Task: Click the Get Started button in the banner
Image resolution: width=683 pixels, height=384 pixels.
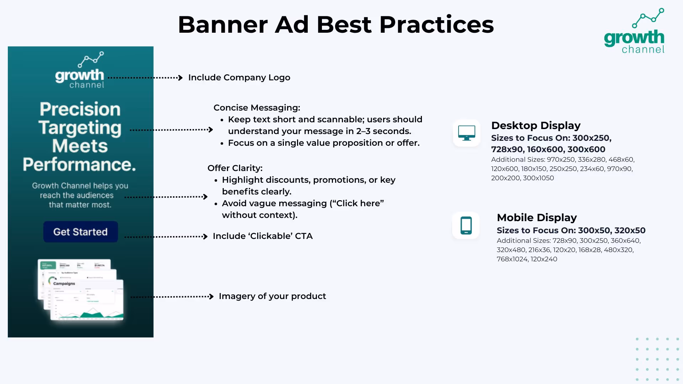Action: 80,232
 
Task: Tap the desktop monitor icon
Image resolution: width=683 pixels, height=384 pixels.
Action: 466,133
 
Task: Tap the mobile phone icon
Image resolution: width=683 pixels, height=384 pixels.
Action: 466,225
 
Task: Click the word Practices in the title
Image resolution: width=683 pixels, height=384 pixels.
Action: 436,25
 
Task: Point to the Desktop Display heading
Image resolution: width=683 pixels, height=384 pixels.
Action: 536,126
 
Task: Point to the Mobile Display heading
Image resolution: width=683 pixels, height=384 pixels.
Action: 536,218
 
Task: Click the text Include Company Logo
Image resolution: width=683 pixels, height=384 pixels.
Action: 239,78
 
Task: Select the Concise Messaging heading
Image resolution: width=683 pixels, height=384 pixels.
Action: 256,108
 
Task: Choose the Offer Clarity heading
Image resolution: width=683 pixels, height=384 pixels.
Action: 235,168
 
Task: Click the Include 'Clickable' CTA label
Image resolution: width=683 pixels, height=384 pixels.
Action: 263,236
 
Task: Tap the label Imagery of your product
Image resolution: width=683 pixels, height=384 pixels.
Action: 272,296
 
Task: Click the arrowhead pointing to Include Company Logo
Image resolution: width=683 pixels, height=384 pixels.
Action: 180,78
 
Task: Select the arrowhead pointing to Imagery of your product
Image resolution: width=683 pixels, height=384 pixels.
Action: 211,297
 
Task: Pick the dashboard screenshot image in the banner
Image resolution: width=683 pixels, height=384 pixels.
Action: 81,290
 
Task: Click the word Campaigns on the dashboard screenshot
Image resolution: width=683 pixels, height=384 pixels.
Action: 64,284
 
